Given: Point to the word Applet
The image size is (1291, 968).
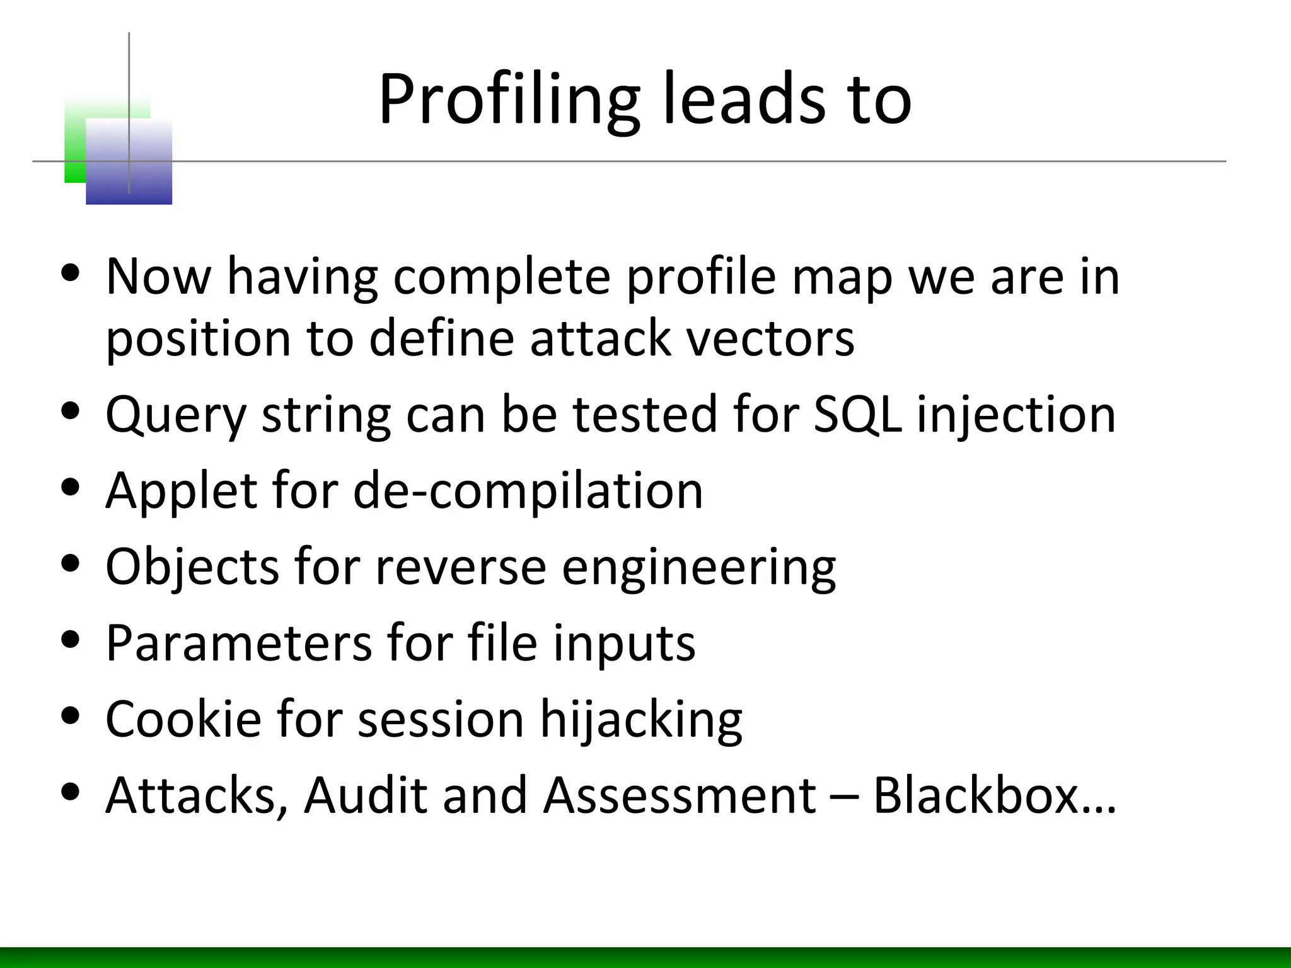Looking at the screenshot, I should pos(181,492).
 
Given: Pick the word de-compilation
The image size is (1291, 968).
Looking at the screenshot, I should pos(528,492).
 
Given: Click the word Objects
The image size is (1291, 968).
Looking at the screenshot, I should pos(192,567).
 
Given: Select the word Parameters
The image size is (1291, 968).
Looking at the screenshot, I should pos(239,643).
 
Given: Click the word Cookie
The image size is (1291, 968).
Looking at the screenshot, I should pos(183,719).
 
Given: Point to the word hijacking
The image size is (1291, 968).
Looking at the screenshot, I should pos(641,720).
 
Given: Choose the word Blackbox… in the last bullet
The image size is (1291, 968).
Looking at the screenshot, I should pos(994,795).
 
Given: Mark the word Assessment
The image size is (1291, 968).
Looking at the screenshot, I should pos(680,795).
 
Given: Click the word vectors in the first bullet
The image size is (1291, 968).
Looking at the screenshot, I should pos(770,339).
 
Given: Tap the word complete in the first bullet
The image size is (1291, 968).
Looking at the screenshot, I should pos(502,277).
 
